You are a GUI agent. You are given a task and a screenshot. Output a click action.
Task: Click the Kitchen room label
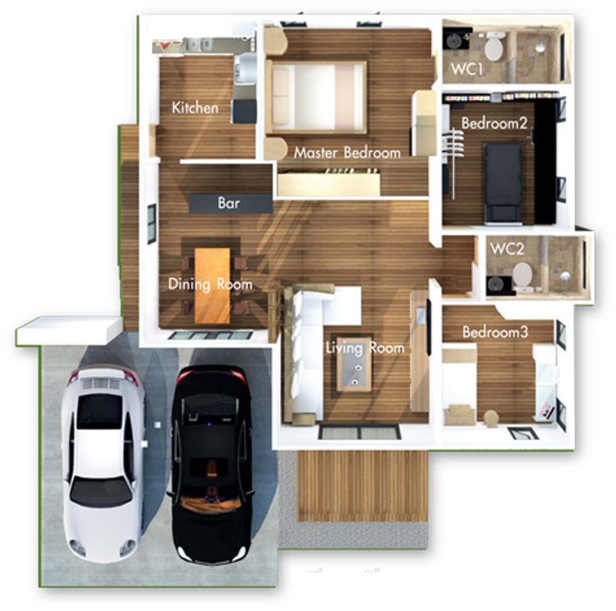point(195,108)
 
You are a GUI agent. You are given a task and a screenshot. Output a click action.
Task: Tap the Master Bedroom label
point(347,153)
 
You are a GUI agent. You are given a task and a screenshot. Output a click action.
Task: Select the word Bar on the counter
point(228,203)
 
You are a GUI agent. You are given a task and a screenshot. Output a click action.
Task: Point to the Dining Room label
point(210,284)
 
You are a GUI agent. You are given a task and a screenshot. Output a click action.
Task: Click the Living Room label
point(365,348)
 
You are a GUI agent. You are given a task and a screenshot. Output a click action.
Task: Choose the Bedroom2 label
point(494,123)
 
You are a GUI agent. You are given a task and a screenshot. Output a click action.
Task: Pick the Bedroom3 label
point(495,332)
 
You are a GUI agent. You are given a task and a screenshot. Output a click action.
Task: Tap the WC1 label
point(467,69)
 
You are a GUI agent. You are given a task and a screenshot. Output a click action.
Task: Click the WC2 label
point(508,249)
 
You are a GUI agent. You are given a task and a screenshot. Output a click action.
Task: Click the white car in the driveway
point(103,462)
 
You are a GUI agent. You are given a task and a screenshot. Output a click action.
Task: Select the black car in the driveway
point(212,464)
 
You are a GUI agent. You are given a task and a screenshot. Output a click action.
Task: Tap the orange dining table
point(213,286)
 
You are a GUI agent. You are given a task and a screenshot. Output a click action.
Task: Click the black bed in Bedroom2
point(503,182)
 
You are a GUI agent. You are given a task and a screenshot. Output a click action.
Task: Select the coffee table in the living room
point(354,365)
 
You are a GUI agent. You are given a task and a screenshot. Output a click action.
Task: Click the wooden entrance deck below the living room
point(362,486)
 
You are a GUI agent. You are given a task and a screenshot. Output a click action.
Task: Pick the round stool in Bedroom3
point(490,417)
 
